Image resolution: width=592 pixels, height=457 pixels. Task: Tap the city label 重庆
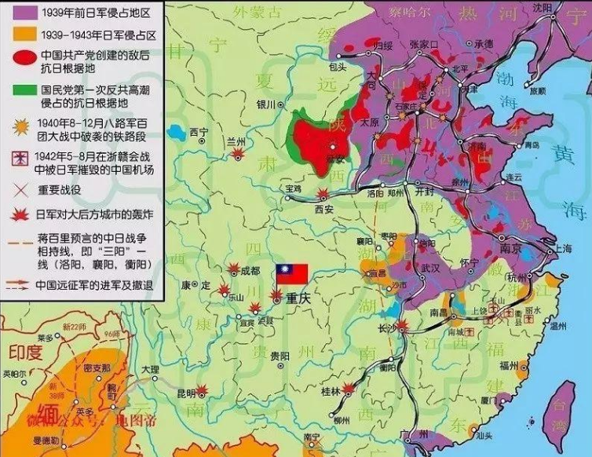299,299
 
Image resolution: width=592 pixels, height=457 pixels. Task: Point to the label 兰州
236,141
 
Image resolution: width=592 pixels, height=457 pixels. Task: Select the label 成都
250,270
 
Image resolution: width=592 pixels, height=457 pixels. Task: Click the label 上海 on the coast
563,247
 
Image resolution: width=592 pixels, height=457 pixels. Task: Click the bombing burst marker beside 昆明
203,388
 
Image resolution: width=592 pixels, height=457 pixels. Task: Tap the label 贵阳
280,356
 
